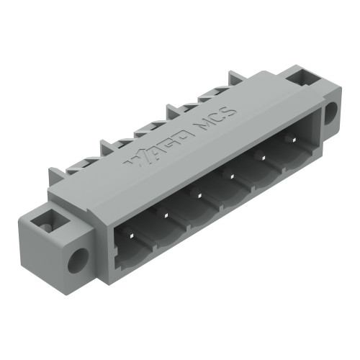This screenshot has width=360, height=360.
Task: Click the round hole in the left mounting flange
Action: (x=77, y=258)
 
